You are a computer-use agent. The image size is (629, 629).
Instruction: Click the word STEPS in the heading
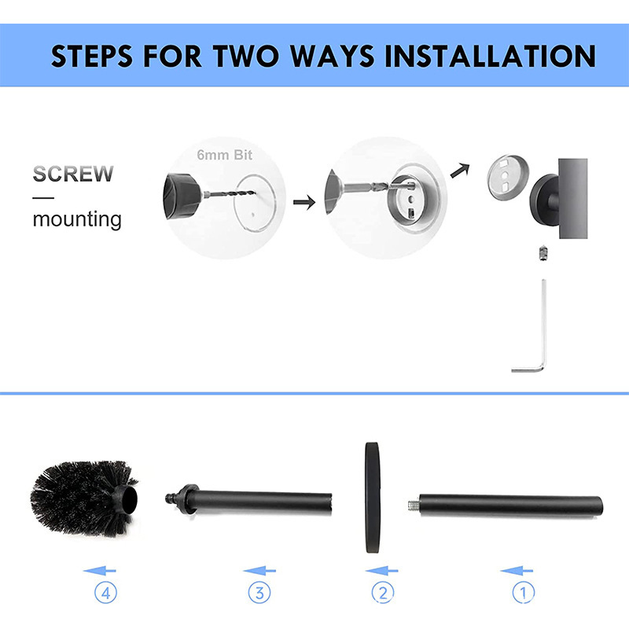91,56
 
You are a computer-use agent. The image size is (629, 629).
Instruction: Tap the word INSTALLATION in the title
490,56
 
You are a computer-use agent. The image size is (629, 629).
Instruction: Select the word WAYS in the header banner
332,56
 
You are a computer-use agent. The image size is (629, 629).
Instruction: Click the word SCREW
73,174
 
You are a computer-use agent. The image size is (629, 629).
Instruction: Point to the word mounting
77,220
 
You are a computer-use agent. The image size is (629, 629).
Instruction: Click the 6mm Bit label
225,155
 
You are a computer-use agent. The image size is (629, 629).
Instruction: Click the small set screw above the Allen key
543,253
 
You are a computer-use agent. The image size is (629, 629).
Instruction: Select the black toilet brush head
83,498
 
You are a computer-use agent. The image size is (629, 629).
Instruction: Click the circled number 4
106,593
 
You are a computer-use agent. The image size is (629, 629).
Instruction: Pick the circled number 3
259,593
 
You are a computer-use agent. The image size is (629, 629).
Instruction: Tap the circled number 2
382,593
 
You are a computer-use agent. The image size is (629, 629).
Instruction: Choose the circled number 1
524,593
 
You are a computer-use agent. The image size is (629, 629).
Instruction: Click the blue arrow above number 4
100,571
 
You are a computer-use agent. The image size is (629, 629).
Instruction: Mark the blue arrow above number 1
517,571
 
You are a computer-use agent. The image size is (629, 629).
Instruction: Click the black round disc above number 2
372,498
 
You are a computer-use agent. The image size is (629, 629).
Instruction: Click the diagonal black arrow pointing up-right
460,171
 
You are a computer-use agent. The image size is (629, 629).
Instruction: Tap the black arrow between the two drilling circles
304,202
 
